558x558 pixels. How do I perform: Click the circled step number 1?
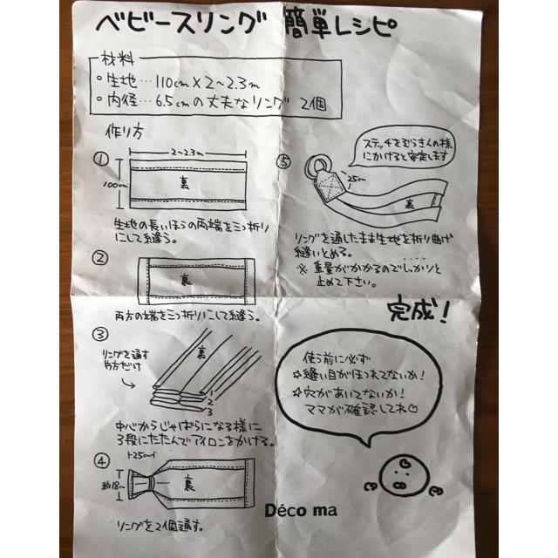102,160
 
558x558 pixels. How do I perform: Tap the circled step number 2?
103,258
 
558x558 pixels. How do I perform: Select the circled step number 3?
102,333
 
